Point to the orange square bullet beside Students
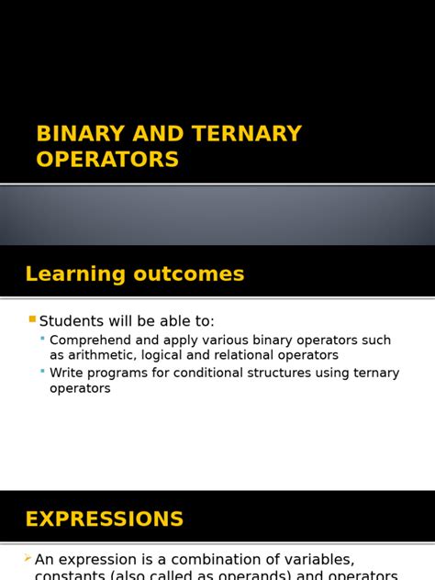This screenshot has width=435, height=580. [32, 319]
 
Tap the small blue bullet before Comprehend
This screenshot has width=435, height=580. [42, 339]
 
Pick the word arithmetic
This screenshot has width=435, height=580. [101, 355]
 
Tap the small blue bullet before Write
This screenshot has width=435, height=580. [42, 372]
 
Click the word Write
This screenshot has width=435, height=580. [67, 374]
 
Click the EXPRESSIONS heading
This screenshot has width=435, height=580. [105, 519]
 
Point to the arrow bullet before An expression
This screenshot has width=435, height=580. [28, 558]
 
